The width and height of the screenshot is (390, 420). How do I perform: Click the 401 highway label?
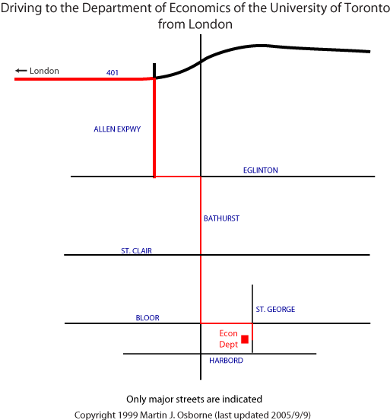pyautogui.click(x=113, y=72)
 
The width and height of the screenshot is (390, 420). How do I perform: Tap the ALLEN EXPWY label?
pyautogui.click(x=117, y=129)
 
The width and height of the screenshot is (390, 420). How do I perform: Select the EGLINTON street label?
pyautogui.click(x=261, y=170)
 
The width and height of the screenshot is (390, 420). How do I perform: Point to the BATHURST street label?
pyautogui.click(x=222, y=218)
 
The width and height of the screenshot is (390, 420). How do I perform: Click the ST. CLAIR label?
pyautogui.click(x=136, y=251)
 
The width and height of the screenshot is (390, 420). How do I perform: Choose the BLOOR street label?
pyautogui.click(x=147, y=318)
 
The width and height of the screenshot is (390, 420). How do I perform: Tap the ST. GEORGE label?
pyautogui.click(x=275, y=310)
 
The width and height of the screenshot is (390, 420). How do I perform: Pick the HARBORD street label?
pyautogui.click(x=227, y=361)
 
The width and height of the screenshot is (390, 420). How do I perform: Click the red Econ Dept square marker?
pyautogui.click(x=245, y=339)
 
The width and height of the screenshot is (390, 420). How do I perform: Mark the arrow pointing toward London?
pyautogui.click(x=21, y=71)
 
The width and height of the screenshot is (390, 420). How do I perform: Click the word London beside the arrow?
pyautogui.click(x=44, y=71)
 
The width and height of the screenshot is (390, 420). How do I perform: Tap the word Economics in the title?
pyautogui.click(x=200, y=8)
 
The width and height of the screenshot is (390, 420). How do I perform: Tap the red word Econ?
pyautogui.click(x=228, y=333)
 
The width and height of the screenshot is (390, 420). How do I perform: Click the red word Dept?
pyautogui.click(x=228, y=345)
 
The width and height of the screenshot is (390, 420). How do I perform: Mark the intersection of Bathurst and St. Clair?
pyautogui.click(x=201, y=255)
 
